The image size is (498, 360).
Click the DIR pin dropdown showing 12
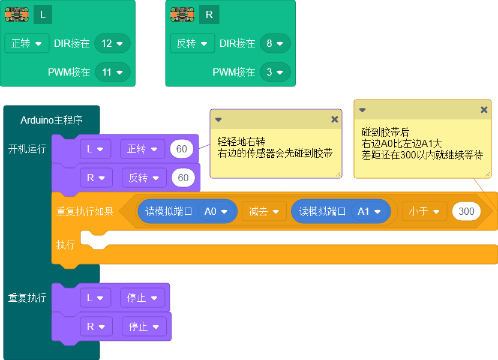(x=112, y=43)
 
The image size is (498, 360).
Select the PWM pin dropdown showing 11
(x=112, y=72)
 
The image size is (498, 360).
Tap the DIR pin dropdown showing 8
(x=275, y=43)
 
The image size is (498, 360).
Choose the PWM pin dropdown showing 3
(x=275, y=72)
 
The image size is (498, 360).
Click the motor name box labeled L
(x=43, y=14)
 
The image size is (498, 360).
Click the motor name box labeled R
(x=209, y=14)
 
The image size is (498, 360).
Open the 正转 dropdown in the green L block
(x=26, y=43)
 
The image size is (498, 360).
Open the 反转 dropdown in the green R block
(x=192, y=43)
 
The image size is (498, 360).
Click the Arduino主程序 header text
(x=52, y=120)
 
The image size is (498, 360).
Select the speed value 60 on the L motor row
(x=181, y=149)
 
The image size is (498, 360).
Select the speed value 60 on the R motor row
(x=183, y=178)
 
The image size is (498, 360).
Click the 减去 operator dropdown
(x=264, y=211)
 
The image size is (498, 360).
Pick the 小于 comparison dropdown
(x=425, y=211)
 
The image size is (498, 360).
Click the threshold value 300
(x=466, y=211)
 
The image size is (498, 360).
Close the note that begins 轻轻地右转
(x=335, y=119)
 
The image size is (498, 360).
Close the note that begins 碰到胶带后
(x=484, y=110)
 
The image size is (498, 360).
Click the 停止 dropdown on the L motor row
(x=142, y=298)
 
